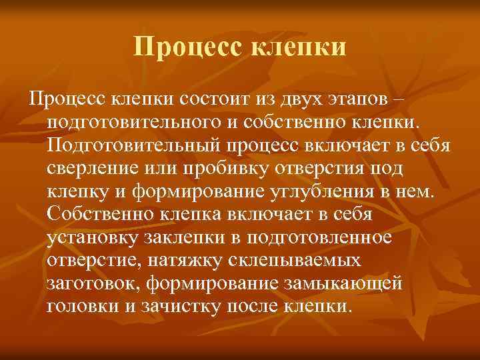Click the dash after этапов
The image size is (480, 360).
pyautogui.click(x=398, y=99)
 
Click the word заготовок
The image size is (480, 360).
pyautogui.click(x=93, y=284)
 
